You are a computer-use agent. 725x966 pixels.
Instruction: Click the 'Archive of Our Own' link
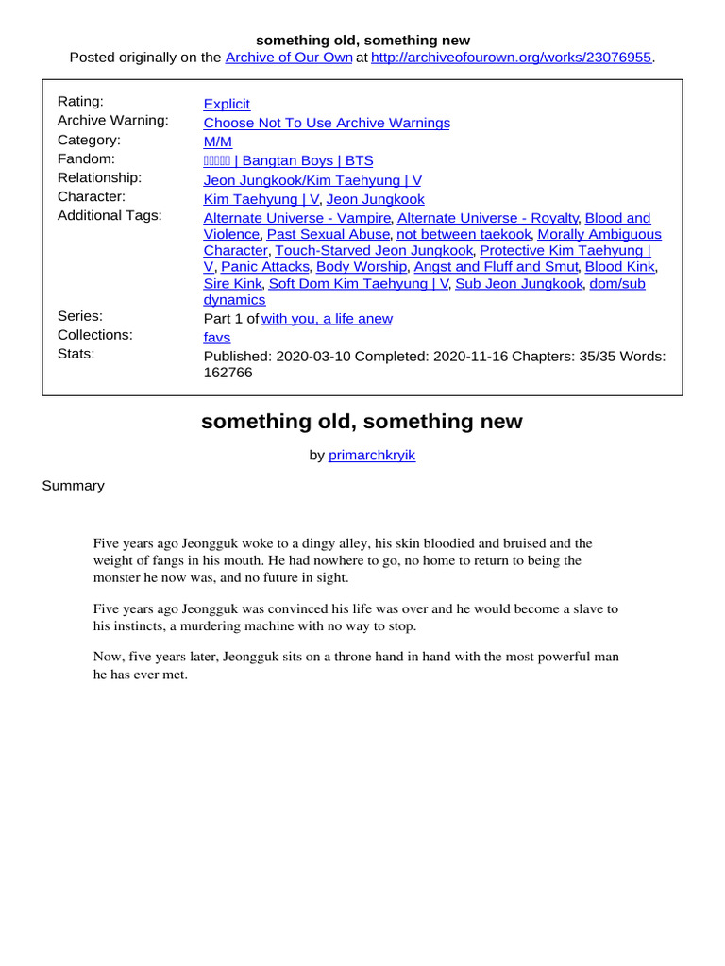(x=289, y=58)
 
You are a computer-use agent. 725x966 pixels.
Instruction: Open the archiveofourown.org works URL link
(x=511, y=58)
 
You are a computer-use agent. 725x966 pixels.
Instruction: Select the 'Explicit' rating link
(x=227, y=104)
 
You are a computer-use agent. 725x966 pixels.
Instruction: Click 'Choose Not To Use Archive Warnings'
(x=327, y=123)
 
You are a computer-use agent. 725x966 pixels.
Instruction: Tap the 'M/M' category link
(x=217, y=142)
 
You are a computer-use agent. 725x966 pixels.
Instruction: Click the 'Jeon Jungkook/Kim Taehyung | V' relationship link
(x=312, y=179)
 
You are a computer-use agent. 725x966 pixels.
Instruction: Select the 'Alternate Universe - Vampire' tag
(x=296, y=217)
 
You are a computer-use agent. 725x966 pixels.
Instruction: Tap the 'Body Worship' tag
(x=362, y=267)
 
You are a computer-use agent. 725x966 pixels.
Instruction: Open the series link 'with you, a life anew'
(x=327, y=318)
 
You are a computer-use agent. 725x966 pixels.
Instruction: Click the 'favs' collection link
(x=216, y=337)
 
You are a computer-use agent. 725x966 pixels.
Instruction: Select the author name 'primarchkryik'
(x=371, y=455)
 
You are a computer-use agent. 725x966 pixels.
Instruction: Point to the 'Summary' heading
(x=73, y=485)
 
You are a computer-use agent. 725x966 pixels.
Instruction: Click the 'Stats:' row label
(x=76, y=354)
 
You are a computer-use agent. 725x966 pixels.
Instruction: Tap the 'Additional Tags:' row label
(x=110, y=215)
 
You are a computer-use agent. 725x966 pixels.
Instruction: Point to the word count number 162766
(x=228, y=373)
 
